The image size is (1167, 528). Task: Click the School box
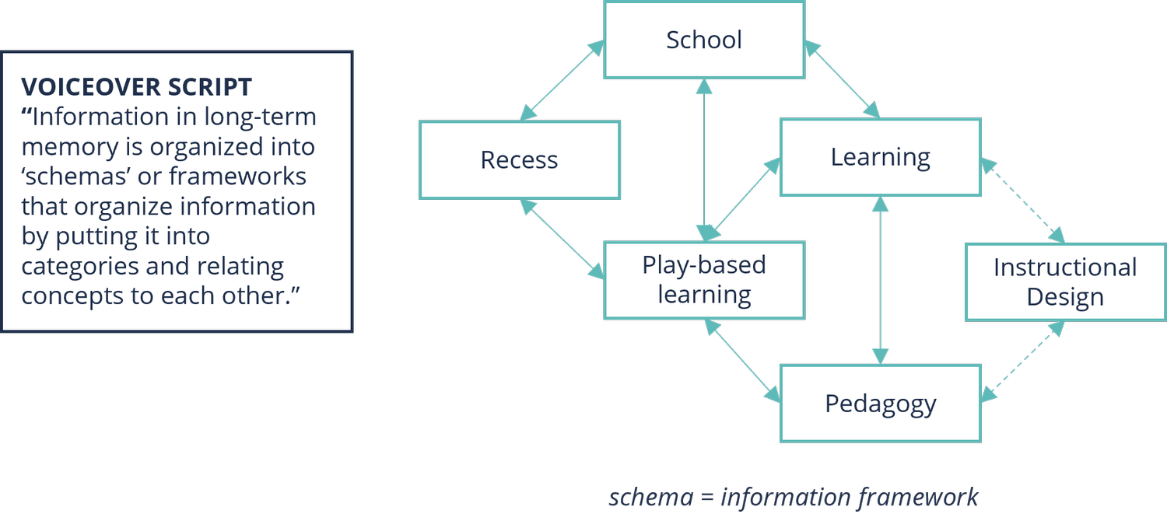(704, 40)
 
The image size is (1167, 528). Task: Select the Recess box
(519, 160)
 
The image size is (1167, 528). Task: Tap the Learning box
(880, 157)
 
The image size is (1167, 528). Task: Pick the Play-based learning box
(704, 280)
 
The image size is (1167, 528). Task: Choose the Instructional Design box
(1065, 281)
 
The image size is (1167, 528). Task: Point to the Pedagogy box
(880, 404)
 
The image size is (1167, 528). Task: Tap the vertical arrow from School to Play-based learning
(705, 159)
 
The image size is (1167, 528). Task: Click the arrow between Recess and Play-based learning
(562, 239)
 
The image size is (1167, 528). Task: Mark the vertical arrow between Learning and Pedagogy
(880, 280)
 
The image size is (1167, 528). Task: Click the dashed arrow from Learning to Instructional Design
(1022, 200)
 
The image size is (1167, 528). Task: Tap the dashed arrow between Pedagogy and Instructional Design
(1022, 362)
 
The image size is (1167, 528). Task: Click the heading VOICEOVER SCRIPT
(136, 86)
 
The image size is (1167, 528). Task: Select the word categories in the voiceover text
(80, 267)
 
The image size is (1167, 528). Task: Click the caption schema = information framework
(793, 497)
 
